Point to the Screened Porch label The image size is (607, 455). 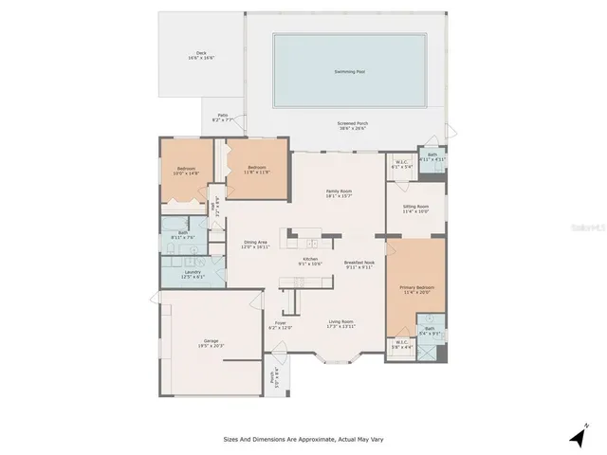coord(352,125)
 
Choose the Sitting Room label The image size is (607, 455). coord(415,209)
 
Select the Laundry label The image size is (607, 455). coord(193,276)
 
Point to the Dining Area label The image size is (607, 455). coord(255,243)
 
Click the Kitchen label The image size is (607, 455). coord(310,261)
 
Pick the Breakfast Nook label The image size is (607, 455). coord(359,264)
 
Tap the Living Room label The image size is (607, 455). coord(340,323)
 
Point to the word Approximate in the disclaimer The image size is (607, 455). coord(312,439)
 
